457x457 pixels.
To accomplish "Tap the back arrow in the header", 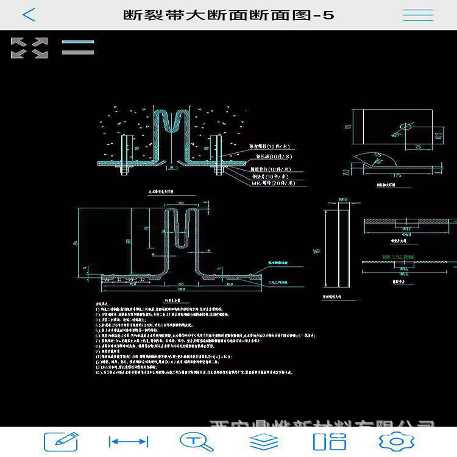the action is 29,15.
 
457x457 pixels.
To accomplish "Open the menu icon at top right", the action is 417,15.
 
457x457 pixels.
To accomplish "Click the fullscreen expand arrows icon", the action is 29,48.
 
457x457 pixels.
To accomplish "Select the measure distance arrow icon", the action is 128,441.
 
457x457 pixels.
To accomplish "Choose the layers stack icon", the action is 264,441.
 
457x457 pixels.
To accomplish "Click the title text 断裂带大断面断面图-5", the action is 228,15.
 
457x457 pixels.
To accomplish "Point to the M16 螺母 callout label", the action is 270,183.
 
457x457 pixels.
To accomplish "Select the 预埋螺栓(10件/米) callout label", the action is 271,147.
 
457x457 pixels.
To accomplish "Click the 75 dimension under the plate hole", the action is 419,146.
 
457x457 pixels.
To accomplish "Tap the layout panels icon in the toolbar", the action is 329,441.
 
